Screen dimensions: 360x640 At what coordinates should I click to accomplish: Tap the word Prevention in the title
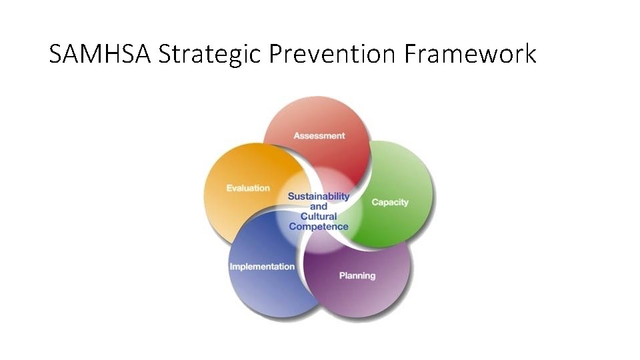click(x=332, y=53)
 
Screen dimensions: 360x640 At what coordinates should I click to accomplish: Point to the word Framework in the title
click(x=470, y=53)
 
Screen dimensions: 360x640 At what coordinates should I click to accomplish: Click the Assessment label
click(x=319, y=135)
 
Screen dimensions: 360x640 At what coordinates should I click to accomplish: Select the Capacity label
click(x=390, y=202)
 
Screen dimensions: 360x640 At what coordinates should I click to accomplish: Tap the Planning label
click(x=357, y=275)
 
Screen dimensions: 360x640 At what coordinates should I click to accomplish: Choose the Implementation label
click(x=262, y=267)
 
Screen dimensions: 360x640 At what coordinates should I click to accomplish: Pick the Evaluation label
click(x=248, y=188)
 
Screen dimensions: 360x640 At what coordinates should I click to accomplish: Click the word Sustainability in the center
click(x=319, y=197)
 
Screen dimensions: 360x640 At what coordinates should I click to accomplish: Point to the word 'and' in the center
click(x=319, y=207)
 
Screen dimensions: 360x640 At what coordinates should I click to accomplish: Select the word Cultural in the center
click(x=319, y=216)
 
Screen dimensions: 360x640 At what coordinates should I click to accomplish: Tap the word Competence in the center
click(x=319, y=227)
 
